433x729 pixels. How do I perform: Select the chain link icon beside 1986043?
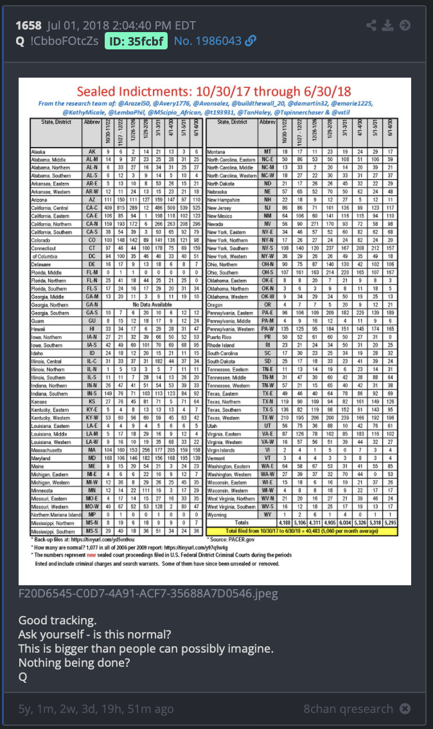(251, 41)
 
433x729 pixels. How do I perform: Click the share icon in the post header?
(371, 25)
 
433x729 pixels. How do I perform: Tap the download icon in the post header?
(387, 25)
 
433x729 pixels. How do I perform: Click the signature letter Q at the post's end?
(22, 678)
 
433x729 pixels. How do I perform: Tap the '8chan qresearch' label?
(348, 709)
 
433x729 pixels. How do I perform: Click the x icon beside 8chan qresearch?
(405, 709)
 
